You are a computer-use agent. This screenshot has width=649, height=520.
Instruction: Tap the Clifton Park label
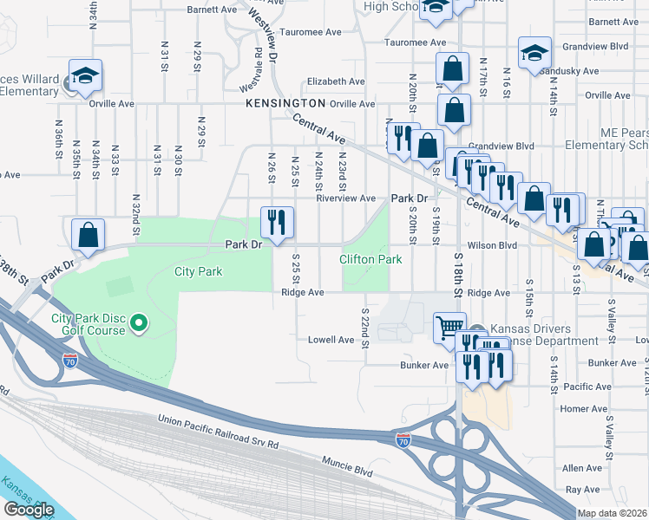370,259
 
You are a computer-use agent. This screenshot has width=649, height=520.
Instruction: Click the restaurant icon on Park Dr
273,222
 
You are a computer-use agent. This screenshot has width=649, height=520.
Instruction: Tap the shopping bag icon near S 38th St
88,235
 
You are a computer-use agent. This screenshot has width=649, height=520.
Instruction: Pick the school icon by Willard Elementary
86,77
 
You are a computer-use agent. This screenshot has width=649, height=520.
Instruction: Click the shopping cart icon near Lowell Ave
449,328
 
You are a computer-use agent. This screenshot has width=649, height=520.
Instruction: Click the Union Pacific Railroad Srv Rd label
218,432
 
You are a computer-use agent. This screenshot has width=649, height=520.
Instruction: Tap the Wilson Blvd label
492,245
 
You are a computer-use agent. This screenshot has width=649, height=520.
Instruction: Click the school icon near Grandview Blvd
534,53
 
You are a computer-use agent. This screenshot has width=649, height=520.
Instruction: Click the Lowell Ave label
331,340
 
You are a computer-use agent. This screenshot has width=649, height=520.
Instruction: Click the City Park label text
198,271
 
